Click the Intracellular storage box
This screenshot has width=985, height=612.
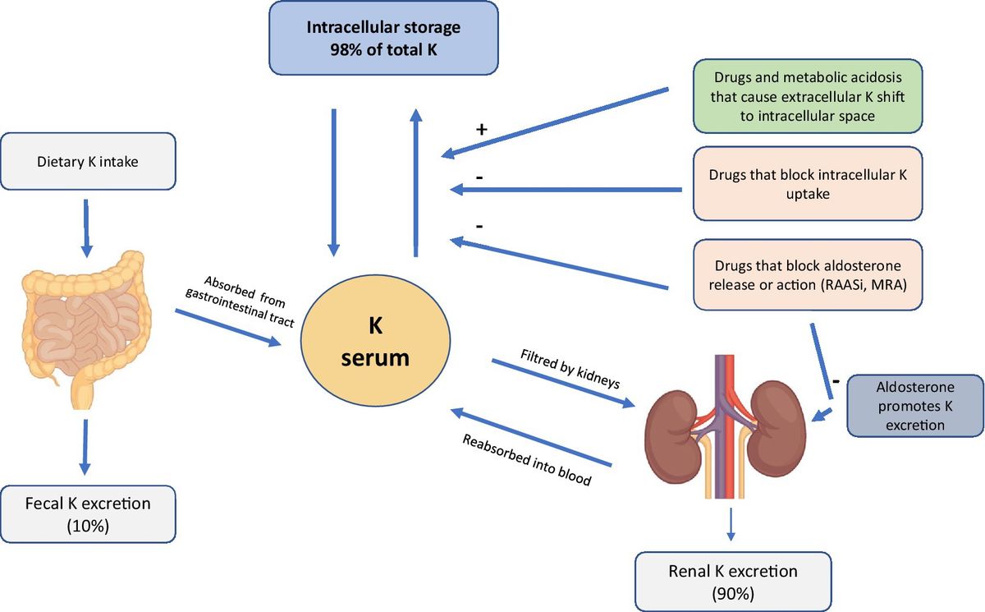coord(383,37)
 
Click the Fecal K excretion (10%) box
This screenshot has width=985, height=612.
coord(88,513)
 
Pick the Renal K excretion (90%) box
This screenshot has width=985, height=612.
coord(733,580)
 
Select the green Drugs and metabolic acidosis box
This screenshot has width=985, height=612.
coord(807,95)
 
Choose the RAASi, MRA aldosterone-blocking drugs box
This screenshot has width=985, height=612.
coord(807,274)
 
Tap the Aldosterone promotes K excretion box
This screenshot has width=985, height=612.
coord(914,403)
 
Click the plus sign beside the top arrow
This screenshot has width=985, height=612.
coord(482,130)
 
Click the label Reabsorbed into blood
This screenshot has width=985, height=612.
coord(526,460)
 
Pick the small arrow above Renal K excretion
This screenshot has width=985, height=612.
coord(731,526)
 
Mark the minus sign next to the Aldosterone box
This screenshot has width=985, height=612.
coord(834,381)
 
